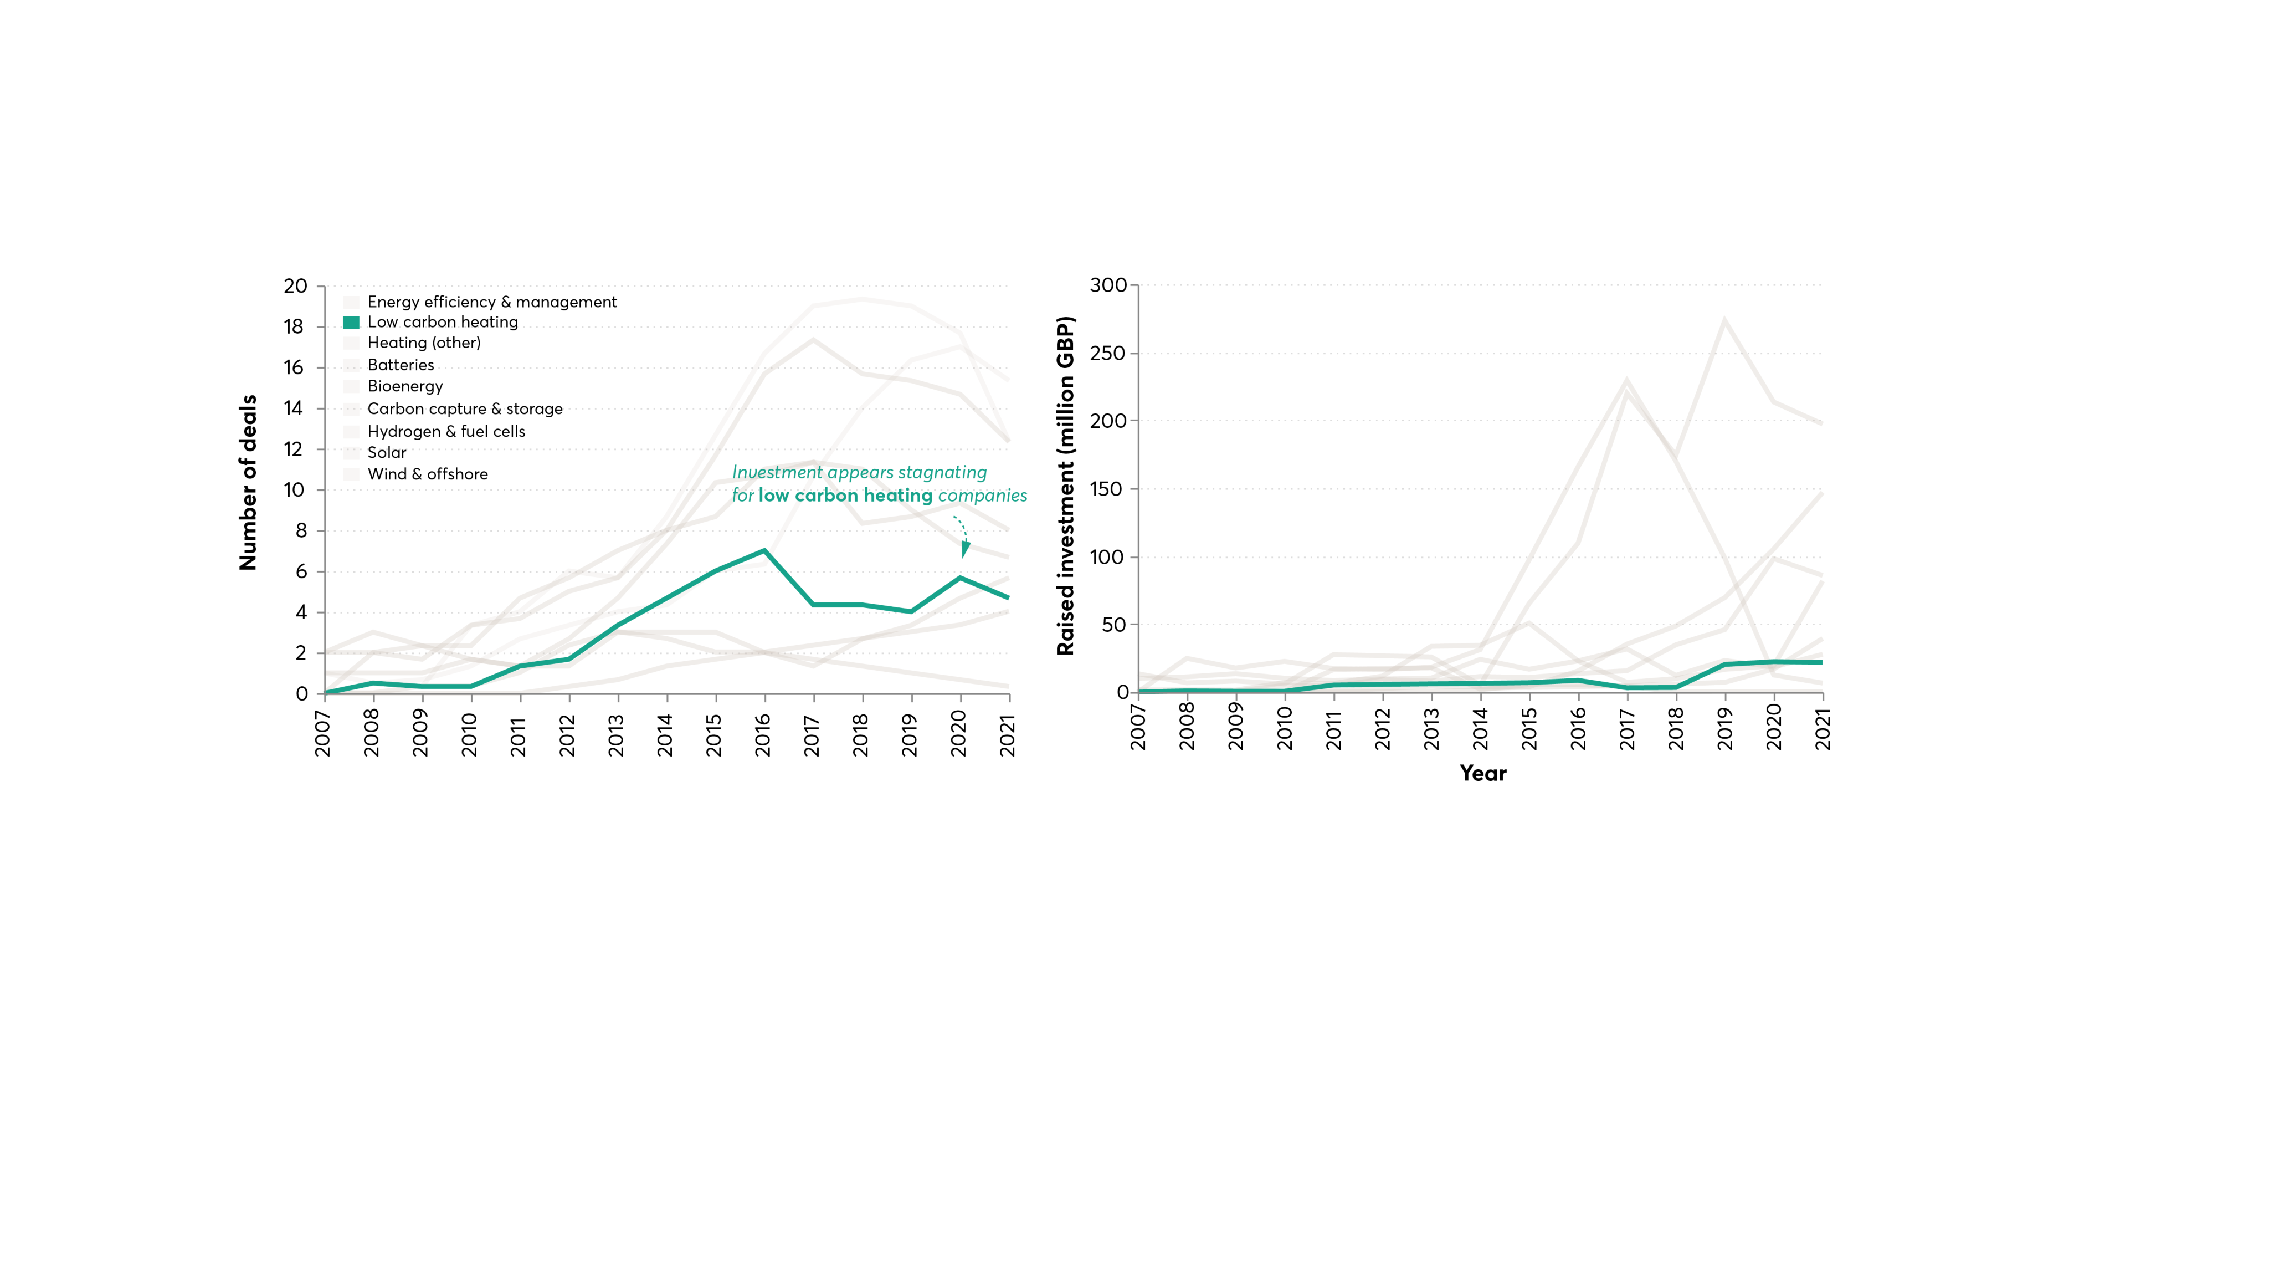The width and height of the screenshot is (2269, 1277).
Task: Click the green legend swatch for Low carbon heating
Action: coord(351,323)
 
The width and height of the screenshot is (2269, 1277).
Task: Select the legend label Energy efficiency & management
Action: coord(491,302)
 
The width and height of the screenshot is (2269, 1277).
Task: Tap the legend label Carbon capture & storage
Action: coord(464,409)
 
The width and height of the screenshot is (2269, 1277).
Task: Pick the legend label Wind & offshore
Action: coord(427,474)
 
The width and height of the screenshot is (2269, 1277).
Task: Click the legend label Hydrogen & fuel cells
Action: coord(446,432)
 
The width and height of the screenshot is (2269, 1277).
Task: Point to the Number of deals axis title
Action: coord(248,482)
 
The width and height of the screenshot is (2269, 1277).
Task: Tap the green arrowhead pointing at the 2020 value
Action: coord(966,550)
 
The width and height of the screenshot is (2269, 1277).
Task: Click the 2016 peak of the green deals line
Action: coord(764,551)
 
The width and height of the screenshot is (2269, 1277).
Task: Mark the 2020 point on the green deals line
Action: coord(960,578)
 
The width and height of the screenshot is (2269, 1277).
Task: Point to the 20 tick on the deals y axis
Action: coord(295,287)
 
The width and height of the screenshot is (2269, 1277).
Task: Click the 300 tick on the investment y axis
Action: coord(1107,285)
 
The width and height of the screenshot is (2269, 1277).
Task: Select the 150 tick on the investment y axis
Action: coord(1107,489)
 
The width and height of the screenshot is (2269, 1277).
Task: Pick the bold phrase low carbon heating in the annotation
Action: coord(845,496)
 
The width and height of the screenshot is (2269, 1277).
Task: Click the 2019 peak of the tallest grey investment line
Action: coord(1724,320)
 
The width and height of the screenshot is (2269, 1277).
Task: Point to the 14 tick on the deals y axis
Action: coord(293,408)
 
